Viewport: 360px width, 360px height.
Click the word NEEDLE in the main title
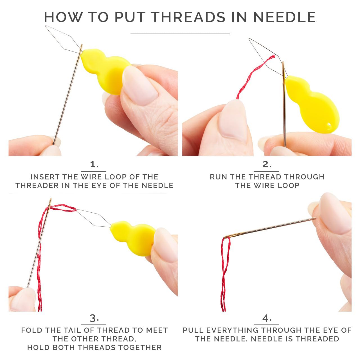[x=284, y=17]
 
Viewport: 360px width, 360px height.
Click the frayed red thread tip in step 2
[x=273, y=56]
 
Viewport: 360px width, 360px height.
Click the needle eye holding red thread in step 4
[x=229, y=236]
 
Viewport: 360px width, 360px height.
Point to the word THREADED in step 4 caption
[x=318, y=339]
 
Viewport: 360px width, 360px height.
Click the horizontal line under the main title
[x=180, y=34]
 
